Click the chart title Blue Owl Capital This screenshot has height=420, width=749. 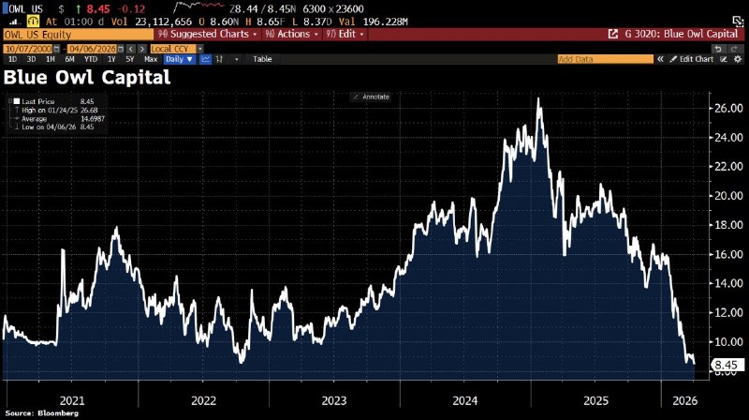88,77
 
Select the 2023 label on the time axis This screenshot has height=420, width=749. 334,399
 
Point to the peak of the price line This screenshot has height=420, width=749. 538,98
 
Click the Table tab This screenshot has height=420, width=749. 262,59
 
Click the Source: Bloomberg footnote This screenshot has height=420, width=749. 45,412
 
